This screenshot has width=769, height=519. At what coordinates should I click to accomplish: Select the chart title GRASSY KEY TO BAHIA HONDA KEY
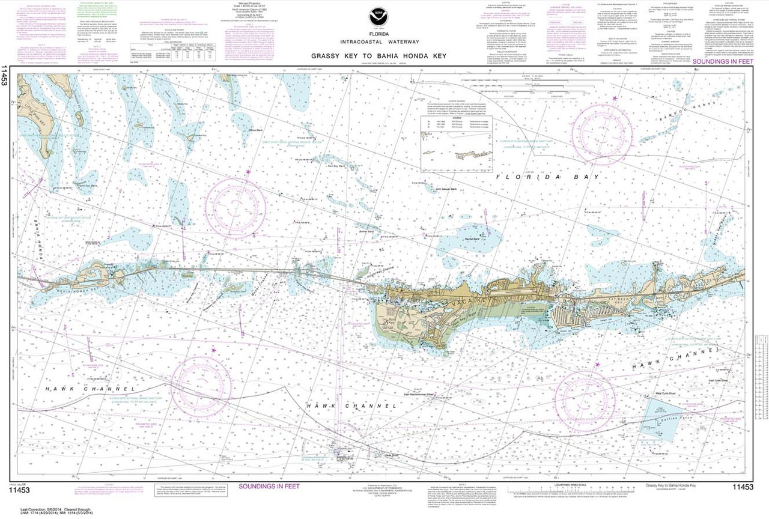pyautogui.click(x=384, y=56)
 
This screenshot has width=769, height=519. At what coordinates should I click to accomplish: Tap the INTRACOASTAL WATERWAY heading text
pyautogui.click(x=384, y=43)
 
